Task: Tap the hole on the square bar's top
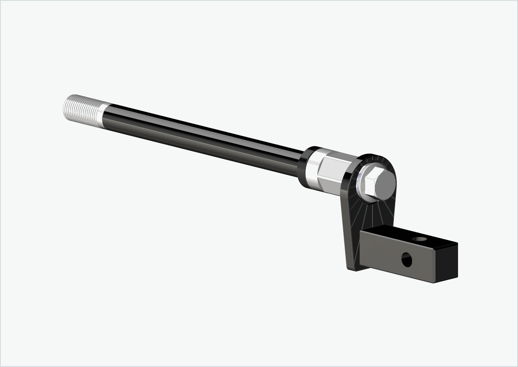pyautogui.click(x=419, y=240)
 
